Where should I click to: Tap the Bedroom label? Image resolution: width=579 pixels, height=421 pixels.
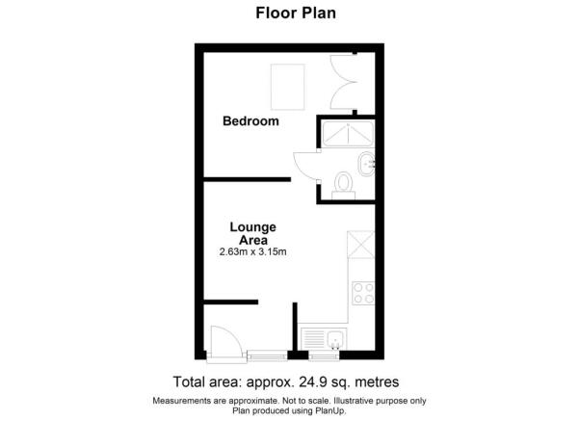click(250, 121)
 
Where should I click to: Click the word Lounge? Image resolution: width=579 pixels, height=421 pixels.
click(253, 227)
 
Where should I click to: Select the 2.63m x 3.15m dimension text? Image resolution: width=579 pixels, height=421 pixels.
click(253, 252)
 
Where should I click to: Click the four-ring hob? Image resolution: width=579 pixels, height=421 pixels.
click(363, 292)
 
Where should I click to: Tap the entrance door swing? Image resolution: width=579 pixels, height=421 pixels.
click(221, 342)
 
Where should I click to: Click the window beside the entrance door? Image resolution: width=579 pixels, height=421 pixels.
click(262, 354)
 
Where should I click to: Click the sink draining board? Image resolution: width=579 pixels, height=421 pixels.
click(312, 339)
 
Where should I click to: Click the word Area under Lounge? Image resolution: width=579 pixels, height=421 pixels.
click(253, 240)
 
